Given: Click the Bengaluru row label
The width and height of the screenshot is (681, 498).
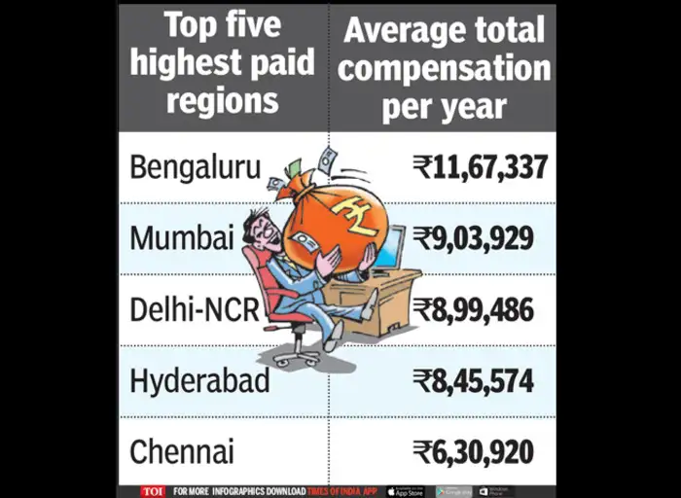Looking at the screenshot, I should pos(196,167).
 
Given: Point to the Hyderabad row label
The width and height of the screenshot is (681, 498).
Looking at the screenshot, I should pos(199,380).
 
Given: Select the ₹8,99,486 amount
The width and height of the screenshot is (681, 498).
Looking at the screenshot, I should pos(473,309).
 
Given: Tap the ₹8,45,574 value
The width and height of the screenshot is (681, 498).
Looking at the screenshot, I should pos(473,380).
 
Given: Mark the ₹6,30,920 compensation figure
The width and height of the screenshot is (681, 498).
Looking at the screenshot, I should pos(473,451).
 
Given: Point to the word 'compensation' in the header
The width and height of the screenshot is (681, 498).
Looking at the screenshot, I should pos(445,69).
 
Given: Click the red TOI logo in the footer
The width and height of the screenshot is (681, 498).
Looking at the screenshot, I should pos(153,491).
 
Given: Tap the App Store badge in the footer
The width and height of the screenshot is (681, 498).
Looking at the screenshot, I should pos(405,491).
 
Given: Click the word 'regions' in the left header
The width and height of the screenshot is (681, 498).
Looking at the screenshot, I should pos(223,100).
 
